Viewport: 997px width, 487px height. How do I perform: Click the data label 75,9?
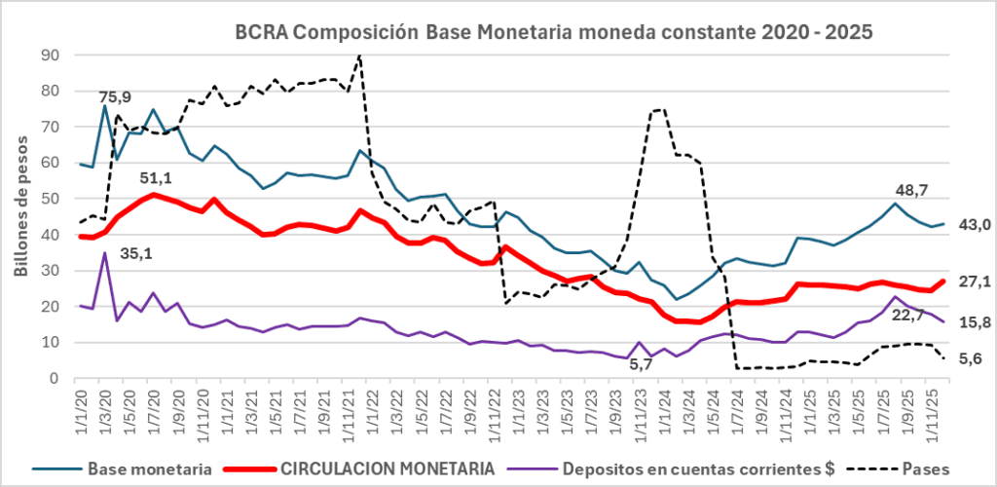(115, 96)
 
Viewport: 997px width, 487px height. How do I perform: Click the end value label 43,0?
(975, 225)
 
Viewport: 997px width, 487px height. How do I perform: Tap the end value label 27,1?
(975, 281)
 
